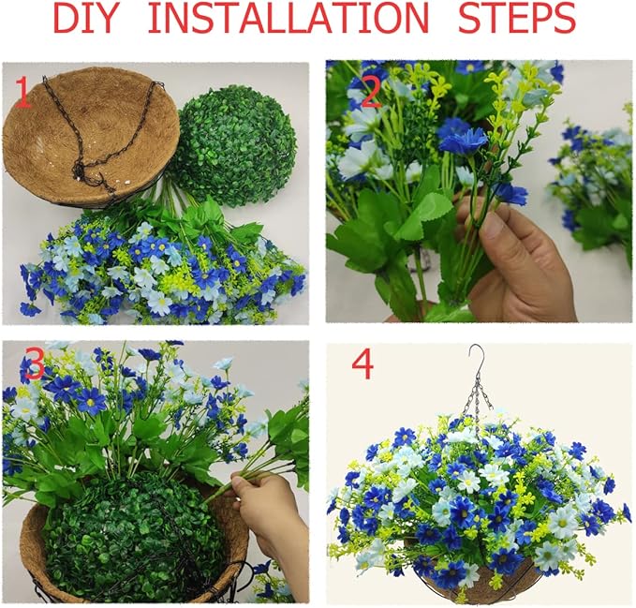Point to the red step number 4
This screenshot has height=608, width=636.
coord(362,363)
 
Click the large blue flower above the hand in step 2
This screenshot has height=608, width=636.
coord(464,141)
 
